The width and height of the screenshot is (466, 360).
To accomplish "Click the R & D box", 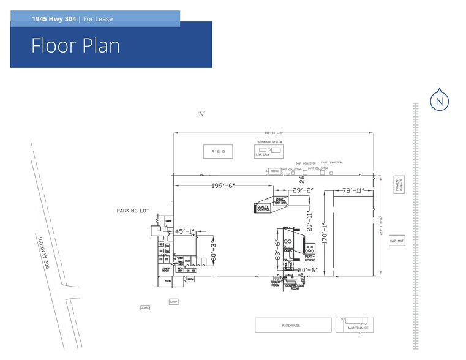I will (218, 152).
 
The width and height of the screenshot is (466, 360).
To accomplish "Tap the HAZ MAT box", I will (397, 241).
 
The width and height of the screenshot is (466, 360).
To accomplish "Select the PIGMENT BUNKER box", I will (399, 186).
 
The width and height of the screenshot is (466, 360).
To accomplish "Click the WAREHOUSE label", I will (290, 326).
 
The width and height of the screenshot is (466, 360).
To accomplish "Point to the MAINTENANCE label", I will (358, 328).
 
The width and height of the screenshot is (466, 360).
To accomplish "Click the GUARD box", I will (145, 308).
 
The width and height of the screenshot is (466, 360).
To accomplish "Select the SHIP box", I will (174, 301).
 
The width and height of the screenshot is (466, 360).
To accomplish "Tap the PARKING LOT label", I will (133, 211).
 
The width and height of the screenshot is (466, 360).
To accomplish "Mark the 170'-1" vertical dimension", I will (325, 233).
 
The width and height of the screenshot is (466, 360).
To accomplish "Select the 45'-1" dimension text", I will (184, 231).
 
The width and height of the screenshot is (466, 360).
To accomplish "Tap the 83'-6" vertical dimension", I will (278, 251).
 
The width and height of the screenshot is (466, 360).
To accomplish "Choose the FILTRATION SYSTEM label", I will (269, 142).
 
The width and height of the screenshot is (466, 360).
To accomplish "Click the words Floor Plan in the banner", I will (75, 46).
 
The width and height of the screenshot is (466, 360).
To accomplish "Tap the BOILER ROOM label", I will (275, 283).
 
